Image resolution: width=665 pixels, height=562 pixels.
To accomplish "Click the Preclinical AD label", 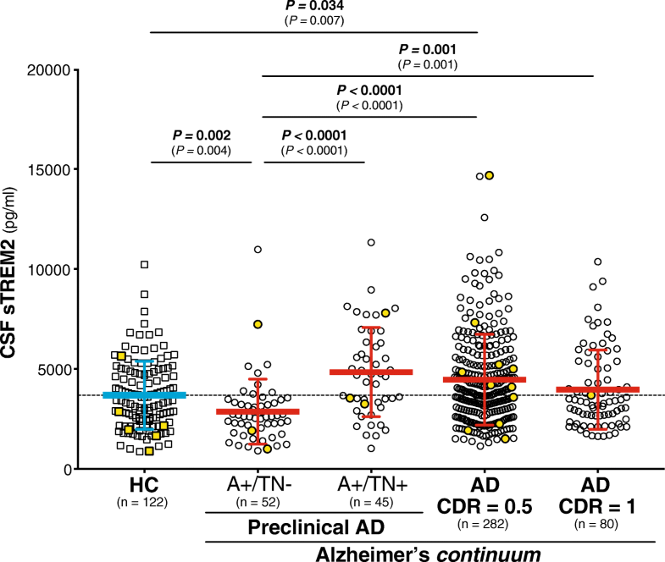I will click(313, 527).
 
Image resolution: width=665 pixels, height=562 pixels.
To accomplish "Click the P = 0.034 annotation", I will click(314, 6).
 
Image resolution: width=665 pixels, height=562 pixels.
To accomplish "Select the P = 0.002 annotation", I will click(201, 135).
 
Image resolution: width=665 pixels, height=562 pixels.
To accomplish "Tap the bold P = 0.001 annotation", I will click(428, 49).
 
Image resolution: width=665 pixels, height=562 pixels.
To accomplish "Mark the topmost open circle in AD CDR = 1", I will click(597, 262).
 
